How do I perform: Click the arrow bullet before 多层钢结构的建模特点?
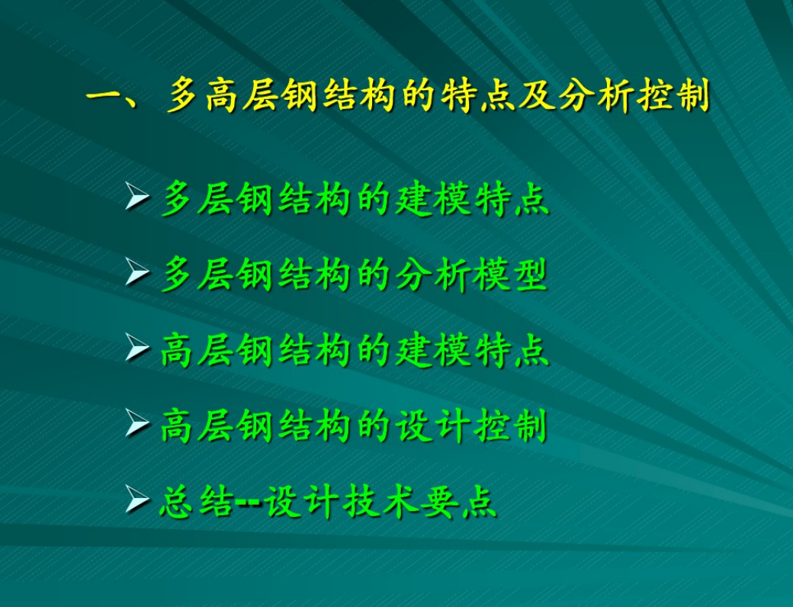pos(137,198)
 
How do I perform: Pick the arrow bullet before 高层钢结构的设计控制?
pos(137,424)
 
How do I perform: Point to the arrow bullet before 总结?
pos(137,499)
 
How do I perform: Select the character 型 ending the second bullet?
pos(529,275)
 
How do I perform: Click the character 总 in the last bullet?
pos(177,501)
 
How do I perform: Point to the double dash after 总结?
pos(248,503)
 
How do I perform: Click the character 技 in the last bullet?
pos(361,501)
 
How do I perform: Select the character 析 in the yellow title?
pos(615,95)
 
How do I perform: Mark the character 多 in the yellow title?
pos(182,95)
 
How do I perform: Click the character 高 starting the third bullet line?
pos(177,350)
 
